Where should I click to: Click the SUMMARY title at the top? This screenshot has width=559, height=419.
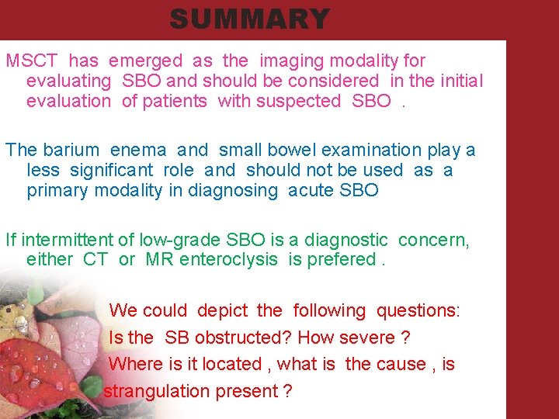click(x=249, y=19)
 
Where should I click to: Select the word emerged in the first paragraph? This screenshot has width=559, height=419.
click(x=146, y=61)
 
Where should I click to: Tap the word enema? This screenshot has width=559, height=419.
click(x=137, y=150)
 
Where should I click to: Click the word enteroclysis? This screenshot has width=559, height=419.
click(x=228, y=260)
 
